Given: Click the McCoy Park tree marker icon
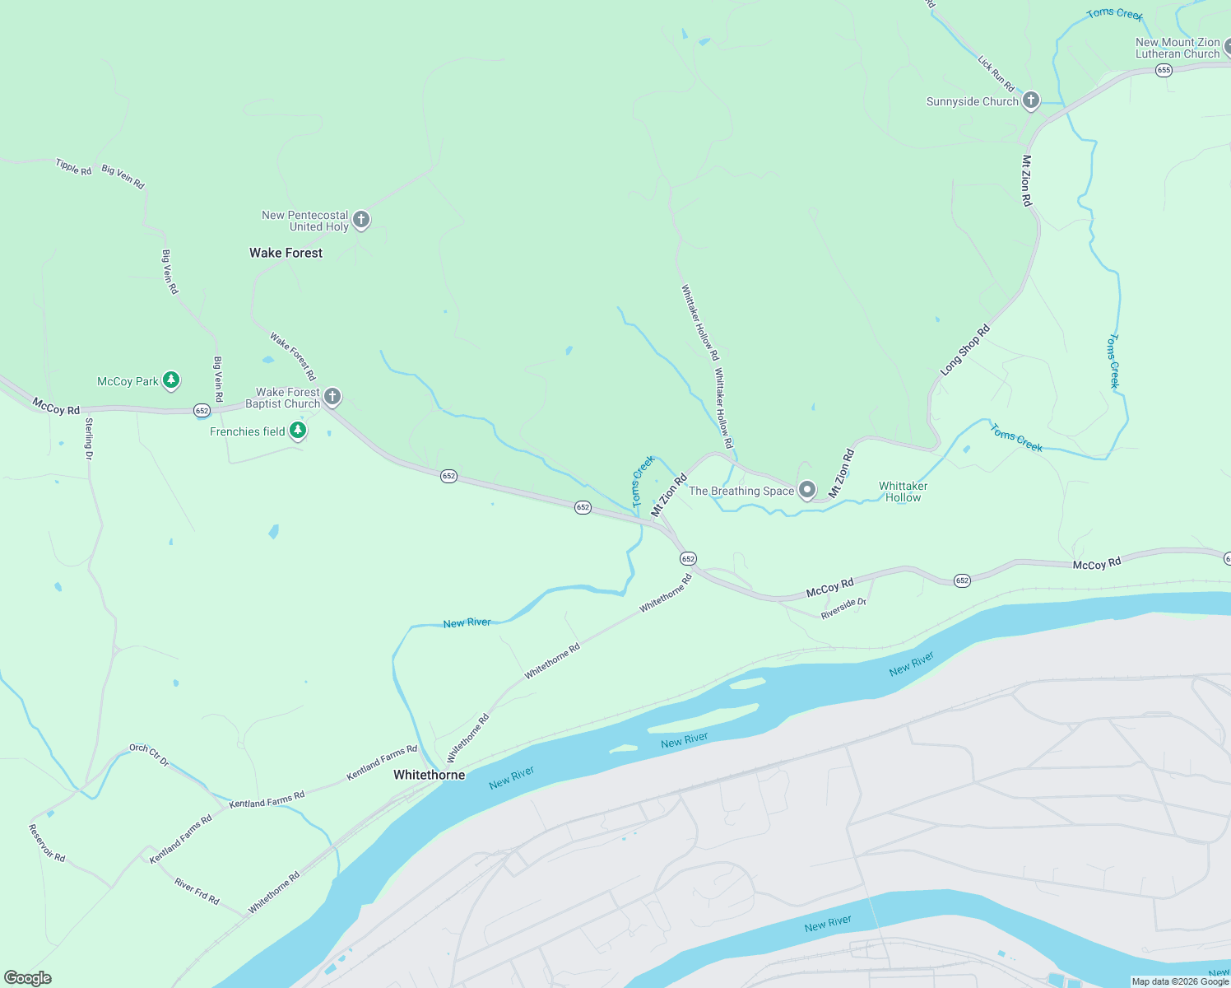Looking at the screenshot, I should click(171, 380).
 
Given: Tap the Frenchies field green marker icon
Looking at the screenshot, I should click(298, 431).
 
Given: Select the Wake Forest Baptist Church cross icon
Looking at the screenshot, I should click(332, 397).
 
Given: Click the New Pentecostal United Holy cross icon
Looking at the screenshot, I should click(360, 220).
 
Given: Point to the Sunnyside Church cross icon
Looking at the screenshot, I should click(1030, 101).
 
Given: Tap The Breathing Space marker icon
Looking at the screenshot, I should click(807, 491).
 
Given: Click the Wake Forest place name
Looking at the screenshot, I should click(286, 253).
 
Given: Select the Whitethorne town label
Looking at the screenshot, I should click(429, 775).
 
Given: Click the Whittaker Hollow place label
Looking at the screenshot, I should click(903, 492).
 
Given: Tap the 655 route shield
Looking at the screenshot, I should click(1163, 71).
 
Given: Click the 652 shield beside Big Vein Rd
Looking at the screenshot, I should click(202, 410).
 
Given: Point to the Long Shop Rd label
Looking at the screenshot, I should click(965, 351).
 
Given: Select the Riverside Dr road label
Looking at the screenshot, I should click(843, 608).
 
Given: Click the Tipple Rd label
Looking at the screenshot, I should click(73, 166).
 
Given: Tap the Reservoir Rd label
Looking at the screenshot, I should click(47, 843).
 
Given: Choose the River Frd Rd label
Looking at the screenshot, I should click(197, 891).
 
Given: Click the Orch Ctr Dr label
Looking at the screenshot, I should click(149, 754).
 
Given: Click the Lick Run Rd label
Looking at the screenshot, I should click(996, 73).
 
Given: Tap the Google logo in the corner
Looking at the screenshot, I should click(27, 978).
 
